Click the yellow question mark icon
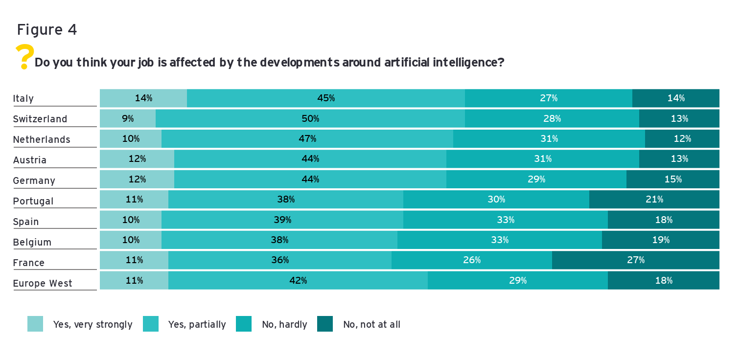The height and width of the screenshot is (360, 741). [24, 56]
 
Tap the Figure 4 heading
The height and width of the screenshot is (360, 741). [47, 30]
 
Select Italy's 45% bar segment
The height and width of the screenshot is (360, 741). [325, 98]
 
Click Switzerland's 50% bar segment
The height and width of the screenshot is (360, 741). [310, 119]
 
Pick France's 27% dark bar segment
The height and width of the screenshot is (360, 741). [635, 260]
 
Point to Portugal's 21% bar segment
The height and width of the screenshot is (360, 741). [654, 200]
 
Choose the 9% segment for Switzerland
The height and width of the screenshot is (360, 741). [128, 119]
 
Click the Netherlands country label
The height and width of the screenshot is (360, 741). [42, 139]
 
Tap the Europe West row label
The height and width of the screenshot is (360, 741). [43, 283]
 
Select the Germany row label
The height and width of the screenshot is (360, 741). [34, 180]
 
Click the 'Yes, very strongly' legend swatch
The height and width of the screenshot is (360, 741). [35, 324]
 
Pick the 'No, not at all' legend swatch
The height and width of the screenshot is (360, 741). [325, 324]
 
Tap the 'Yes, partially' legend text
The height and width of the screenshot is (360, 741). [197, 324]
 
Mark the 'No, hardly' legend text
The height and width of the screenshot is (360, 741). [284, 324]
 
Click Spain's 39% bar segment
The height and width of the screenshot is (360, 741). [282, 220]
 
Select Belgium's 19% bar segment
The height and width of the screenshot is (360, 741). [660, 240]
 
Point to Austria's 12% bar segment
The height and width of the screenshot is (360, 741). [137, 159]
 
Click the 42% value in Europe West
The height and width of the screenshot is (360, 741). [298, 281]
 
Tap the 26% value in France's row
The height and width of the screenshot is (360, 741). [472, 260]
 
